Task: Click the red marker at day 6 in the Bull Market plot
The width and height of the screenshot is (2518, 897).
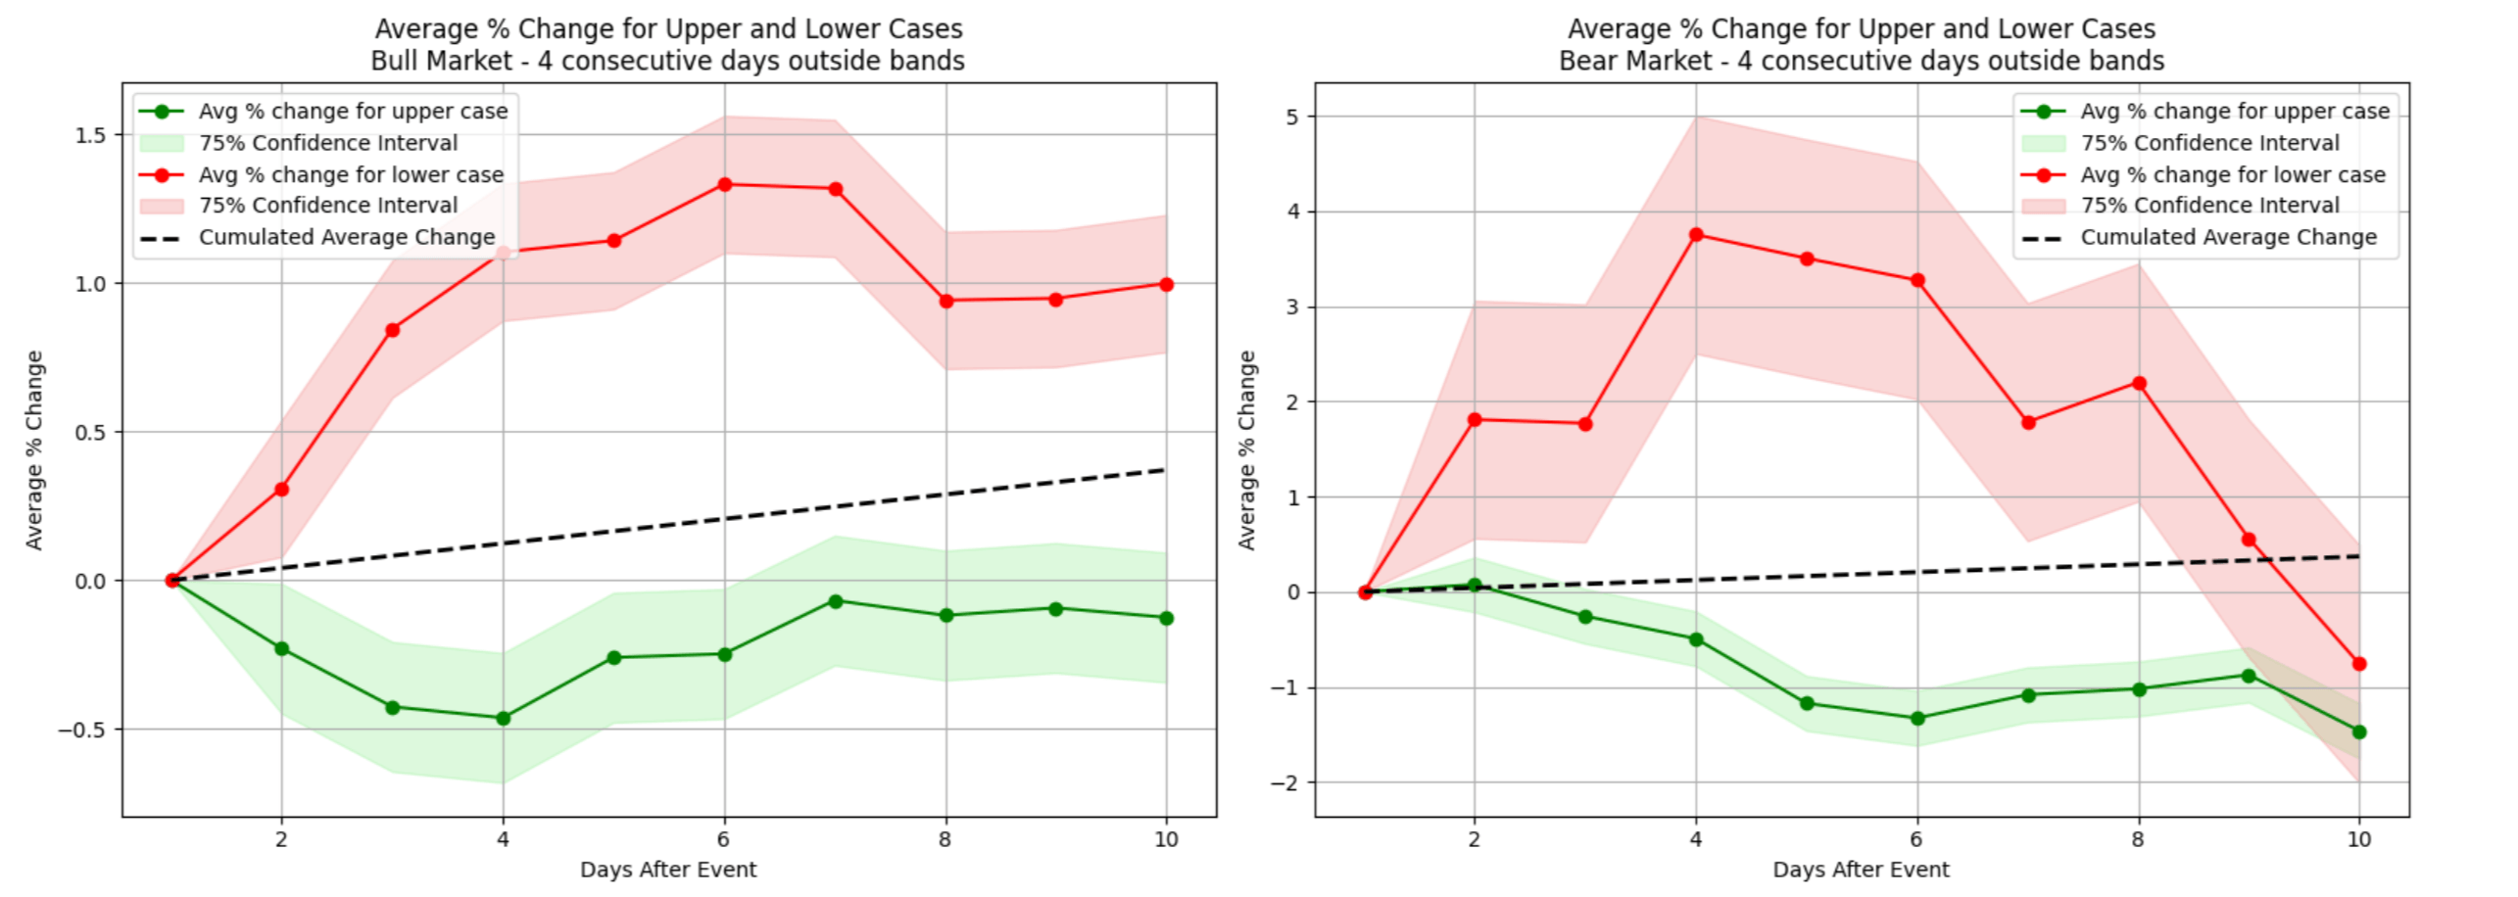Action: [724, 184]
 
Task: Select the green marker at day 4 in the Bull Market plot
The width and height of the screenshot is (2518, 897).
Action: [503, 718]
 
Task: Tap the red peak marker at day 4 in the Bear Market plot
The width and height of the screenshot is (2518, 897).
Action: [1696, 235]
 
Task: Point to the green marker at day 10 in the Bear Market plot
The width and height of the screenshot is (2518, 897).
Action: [2359, 732]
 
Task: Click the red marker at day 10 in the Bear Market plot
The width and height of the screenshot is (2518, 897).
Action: [2359, 664]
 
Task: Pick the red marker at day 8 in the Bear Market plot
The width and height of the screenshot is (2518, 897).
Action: [2139, 383]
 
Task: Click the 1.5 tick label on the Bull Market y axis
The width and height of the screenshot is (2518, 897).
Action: [91, 135]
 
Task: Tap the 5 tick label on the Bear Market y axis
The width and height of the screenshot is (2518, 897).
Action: [1292, 117]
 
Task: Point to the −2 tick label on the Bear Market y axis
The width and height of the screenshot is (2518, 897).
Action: [1284, 782]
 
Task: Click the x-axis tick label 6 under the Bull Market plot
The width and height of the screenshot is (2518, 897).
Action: [723, 839]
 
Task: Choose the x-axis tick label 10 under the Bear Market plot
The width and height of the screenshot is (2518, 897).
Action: [2359, 839]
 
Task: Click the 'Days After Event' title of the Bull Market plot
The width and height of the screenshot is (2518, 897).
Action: [668, 870]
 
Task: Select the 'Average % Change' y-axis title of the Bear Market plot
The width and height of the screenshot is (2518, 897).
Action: [1247, 449]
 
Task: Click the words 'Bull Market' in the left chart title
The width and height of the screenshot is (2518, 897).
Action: [441, 61]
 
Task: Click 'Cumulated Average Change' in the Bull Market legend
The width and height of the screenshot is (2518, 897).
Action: [347, 237]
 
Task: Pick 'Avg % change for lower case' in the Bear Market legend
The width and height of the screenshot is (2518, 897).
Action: [2233, 174]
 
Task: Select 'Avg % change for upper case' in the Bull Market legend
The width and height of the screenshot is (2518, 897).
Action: [353, 112]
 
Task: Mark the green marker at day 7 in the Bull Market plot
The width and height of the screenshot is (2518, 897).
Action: [835, 601]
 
